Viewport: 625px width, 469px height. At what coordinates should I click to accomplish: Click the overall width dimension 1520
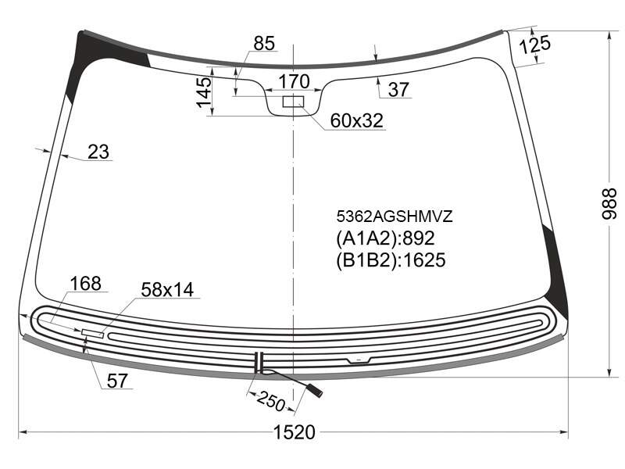(295, 432)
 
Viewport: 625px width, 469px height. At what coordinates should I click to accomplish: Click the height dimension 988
(609, 204)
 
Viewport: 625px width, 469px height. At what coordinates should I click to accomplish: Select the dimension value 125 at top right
(535, 45)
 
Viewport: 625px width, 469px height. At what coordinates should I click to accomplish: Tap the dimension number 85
(264, 43)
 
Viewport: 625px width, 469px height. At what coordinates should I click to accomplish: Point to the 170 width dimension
(294, 81)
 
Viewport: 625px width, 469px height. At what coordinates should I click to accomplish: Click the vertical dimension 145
(204, 92)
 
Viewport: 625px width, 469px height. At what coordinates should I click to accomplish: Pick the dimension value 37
(398, 89)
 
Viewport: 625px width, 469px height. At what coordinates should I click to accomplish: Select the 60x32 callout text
(357, 120)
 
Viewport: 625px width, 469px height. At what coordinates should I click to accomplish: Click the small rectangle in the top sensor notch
(294, 102)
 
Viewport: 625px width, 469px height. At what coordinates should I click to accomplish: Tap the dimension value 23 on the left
(98, 152)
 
